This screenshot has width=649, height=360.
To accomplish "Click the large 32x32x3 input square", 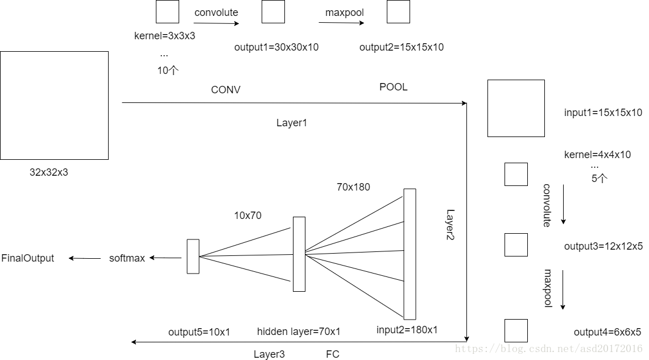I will [x=54, y=105].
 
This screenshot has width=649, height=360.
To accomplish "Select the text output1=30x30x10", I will [x=276, y=47].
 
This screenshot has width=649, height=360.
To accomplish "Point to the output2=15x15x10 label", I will [x=402, y=47].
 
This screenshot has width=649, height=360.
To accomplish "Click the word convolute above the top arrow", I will [x=216, y=13].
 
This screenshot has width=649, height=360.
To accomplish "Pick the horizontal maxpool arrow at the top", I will [x=341, y=23].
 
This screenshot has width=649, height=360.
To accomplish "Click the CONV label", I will [x=226, y=90].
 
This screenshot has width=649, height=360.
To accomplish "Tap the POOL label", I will [x=394, y=87].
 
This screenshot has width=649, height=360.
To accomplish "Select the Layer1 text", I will [x=292, y=123].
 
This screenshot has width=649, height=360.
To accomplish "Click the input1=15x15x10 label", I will [x=603, y=113].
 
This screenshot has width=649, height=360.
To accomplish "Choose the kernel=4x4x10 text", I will [x=597, y=155].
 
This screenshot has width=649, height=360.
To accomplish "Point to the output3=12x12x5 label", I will [x=603, y=246].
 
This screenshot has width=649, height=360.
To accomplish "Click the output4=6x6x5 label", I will [x=607, y=332].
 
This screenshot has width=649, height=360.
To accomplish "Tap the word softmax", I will [x=127, y=258].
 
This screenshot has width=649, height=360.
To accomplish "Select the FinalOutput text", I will [x=28, y=258].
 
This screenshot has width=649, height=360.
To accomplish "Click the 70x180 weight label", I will [x=353, y=187].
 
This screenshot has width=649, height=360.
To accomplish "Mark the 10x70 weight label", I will [x=247, y=216].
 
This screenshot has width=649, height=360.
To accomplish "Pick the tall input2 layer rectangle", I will [x=410, y=254].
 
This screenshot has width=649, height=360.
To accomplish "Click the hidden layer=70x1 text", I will [x=299, y=332].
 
